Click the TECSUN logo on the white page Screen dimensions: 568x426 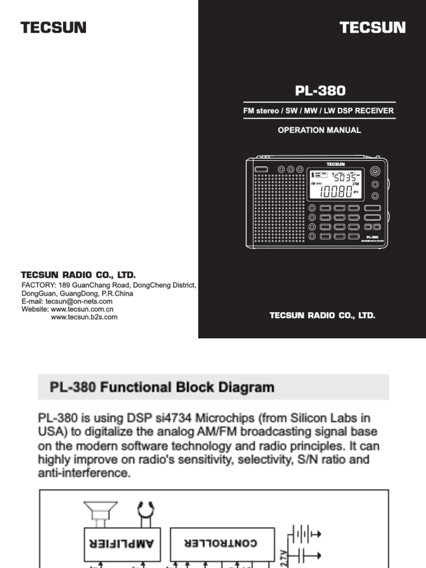53,27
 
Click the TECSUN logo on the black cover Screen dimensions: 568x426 372,27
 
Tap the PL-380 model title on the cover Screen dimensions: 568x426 319,90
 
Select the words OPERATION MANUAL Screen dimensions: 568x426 319,130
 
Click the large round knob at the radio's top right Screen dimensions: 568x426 376,172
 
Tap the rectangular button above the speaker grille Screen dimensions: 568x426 261,169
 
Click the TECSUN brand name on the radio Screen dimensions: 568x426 335,164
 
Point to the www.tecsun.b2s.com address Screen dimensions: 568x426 84,317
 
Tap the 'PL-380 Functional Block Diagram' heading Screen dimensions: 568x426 162,387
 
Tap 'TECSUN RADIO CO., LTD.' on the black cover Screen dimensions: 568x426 322,316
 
